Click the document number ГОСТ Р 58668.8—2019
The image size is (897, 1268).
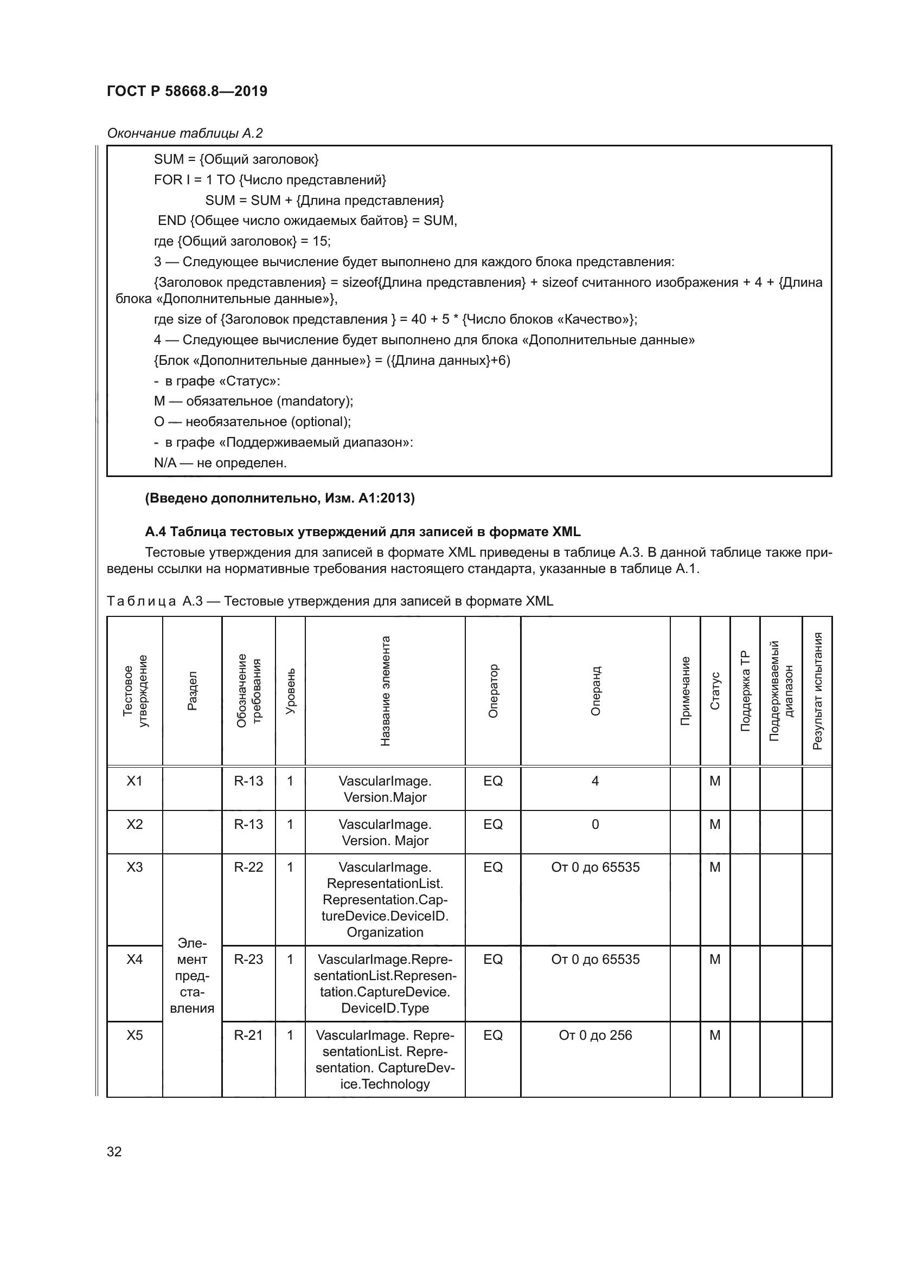pyautogui.click(x=187, y=91)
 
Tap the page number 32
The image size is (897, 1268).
pyautogui.click(x=114, y=1151)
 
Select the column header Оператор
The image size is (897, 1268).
pyautogui.click(x=492, y=691)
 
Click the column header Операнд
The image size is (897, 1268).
pyautogui.click(x=595, y=691)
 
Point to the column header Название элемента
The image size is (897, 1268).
pyautogui.click(x=385, y=691)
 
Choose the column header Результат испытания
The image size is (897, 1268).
pyautogui.click(x=817, y=691)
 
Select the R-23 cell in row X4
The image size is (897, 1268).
pyautogui.click(x=248, y=960)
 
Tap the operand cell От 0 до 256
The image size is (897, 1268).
pyautogui.click(x=595, y=1035)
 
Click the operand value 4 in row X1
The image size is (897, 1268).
pyautogui.click(x=595, y=781)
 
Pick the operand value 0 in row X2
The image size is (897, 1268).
pyautogui.click(x=595, y=824)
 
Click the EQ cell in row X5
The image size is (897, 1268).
pyautogui.click(x=492, y=1035)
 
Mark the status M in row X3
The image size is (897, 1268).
pyautogui.click(x=715, y=867)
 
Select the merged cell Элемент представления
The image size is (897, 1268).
pyautogui.click(x=191, y=975)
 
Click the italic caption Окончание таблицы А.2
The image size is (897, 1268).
pyautogui.click(x=184, y=133)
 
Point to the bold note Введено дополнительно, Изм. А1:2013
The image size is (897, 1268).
pyautogui.click(x=279, y=498)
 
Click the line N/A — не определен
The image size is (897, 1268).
pyautogui.click(x=220, y=463)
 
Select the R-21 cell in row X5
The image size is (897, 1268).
pyautogui.click(x=248, y=1035)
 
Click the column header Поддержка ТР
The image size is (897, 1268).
pyautogui.click(x=745, y=691)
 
